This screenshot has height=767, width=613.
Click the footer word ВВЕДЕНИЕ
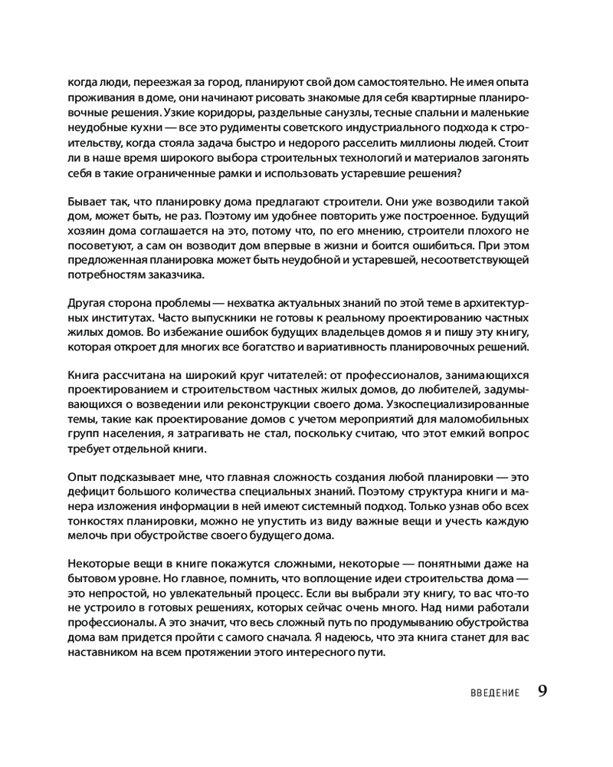tap(495, 693)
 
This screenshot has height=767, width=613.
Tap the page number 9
tap(542, 691)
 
